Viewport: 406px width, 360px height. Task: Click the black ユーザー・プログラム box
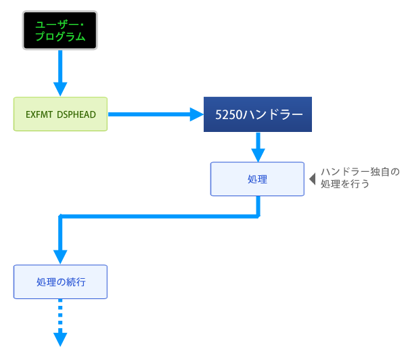click(x=60, y=30)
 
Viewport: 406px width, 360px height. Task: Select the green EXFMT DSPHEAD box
click(x=60, y=114)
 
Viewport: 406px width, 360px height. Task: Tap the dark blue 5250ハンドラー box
click(x=257, y=114)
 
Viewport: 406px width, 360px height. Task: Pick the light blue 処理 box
click(x=257, y=179)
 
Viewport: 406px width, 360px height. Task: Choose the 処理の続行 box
click(x=60, y=282)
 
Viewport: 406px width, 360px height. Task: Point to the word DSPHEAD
click(x=76, y=114)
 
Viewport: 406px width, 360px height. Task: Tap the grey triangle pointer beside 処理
click(x=312, y=179)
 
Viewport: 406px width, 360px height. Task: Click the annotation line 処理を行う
click(x=344, y=183)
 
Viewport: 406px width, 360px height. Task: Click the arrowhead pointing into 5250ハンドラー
click(x=196, y=114)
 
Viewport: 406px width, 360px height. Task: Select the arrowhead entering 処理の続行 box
click(x=60, y=256)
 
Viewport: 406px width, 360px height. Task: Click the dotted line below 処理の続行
click(x=60, y=315)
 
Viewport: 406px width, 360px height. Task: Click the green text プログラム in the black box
click(x=60, y=37)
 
